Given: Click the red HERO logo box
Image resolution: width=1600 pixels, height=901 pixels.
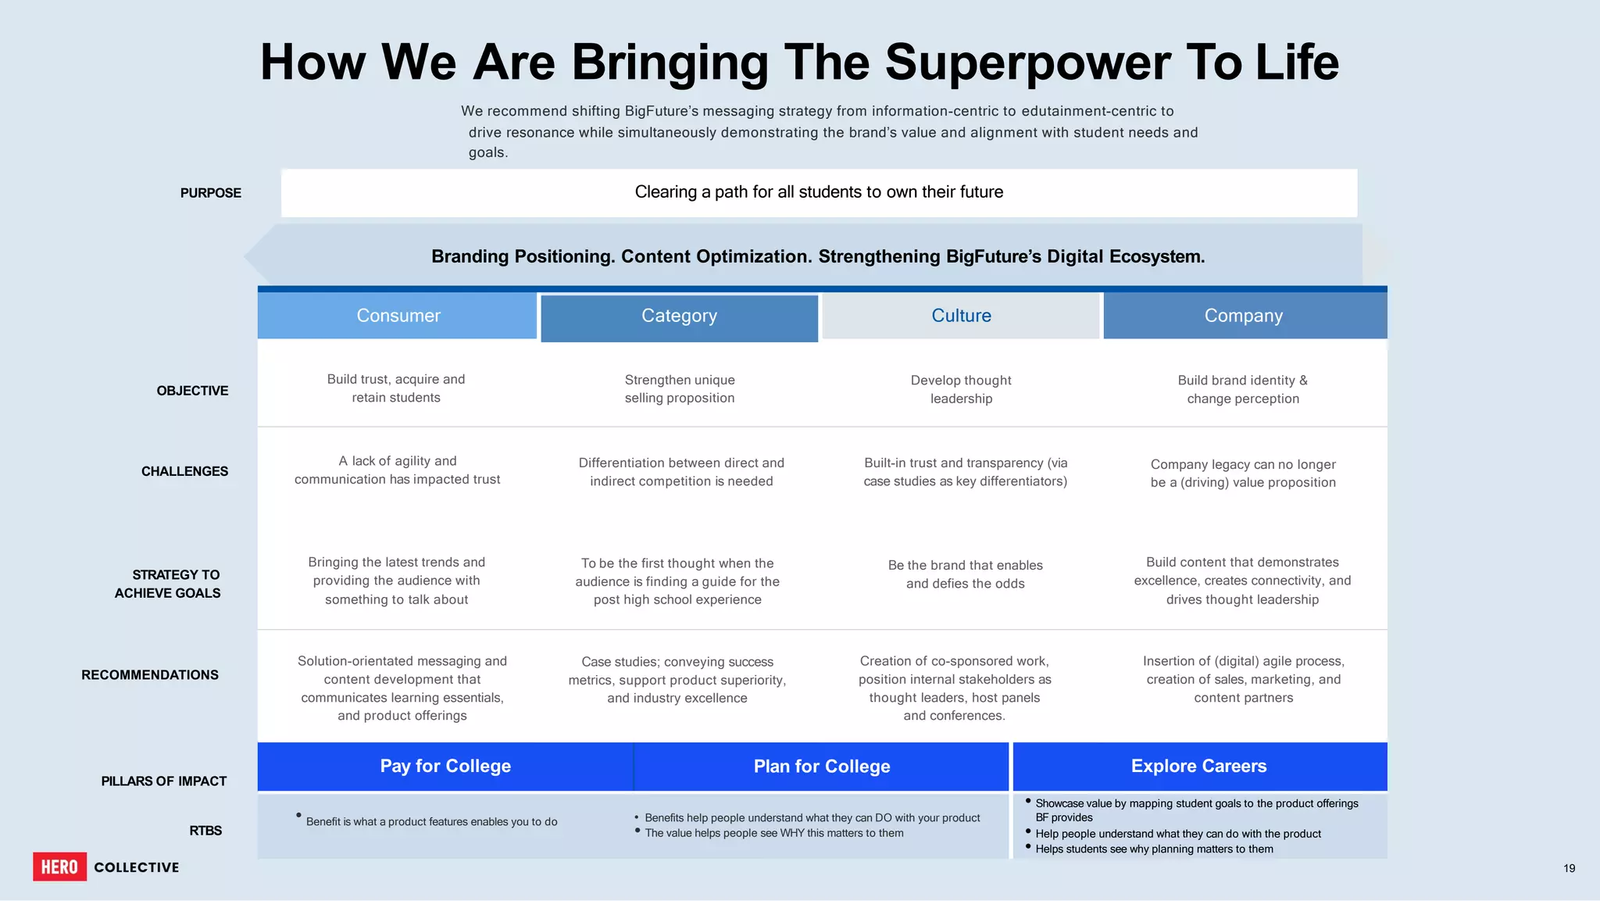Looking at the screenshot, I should pos(59,867).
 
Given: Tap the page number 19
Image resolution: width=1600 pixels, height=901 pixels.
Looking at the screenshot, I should pos(1569,868).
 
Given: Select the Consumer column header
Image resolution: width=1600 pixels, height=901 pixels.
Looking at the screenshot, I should pos(398,316).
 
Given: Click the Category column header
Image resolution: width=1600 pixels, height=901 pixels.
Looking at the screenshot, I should pos(679,316).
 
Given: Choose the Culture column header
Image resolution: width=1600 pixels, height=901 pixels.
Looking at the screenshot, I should pos(961,316).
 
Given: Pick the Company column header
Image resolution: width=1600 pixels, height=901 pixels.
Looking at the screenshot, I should pos(1244,316).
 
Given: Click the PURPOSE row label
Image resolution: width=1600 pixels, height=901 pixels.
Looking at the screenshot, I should pos(210,193).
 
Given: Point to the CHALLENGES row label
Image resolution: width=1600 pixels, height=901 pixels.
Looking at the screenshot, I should pos(184,471).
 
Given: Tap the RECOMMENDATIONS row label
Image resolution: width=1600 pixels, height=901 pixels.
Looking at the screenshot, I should pos(150,674).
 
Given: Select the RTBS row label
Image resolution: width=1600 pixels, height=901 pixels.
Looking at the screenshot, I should pos(205,831).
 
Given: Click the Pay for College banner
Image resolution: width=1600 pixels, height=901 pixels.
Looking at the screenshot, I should pos(445,766).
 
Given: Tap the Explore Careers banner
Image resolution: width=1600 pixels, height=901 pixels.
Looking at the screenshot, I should pos(1198,766).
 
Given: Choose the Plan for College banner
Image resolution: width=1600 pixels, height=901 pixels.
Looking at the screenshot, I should pos(821,767).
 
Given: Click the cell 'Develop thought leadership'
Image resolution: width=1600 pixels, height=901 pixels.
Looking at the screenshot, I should pos(961,389).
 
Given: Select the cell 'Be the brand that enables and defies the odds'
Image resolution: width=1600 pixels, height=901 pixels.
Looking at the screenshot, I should pos(965,574).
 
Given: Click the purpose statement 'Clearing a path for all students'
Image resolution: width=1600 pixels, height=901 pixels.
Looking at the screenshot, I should pos(819,192).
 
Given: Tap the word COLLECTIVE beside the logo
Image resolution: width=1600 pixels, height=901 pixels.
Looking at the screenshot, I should pos(137,867).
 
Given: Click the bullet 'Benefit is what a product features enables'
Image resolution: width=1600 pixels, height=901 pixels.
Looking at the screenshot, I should pos(431,821).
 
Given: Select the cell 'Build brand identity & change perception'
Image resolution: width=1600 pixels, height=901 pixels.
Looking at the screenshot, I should pos(1243,389).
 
